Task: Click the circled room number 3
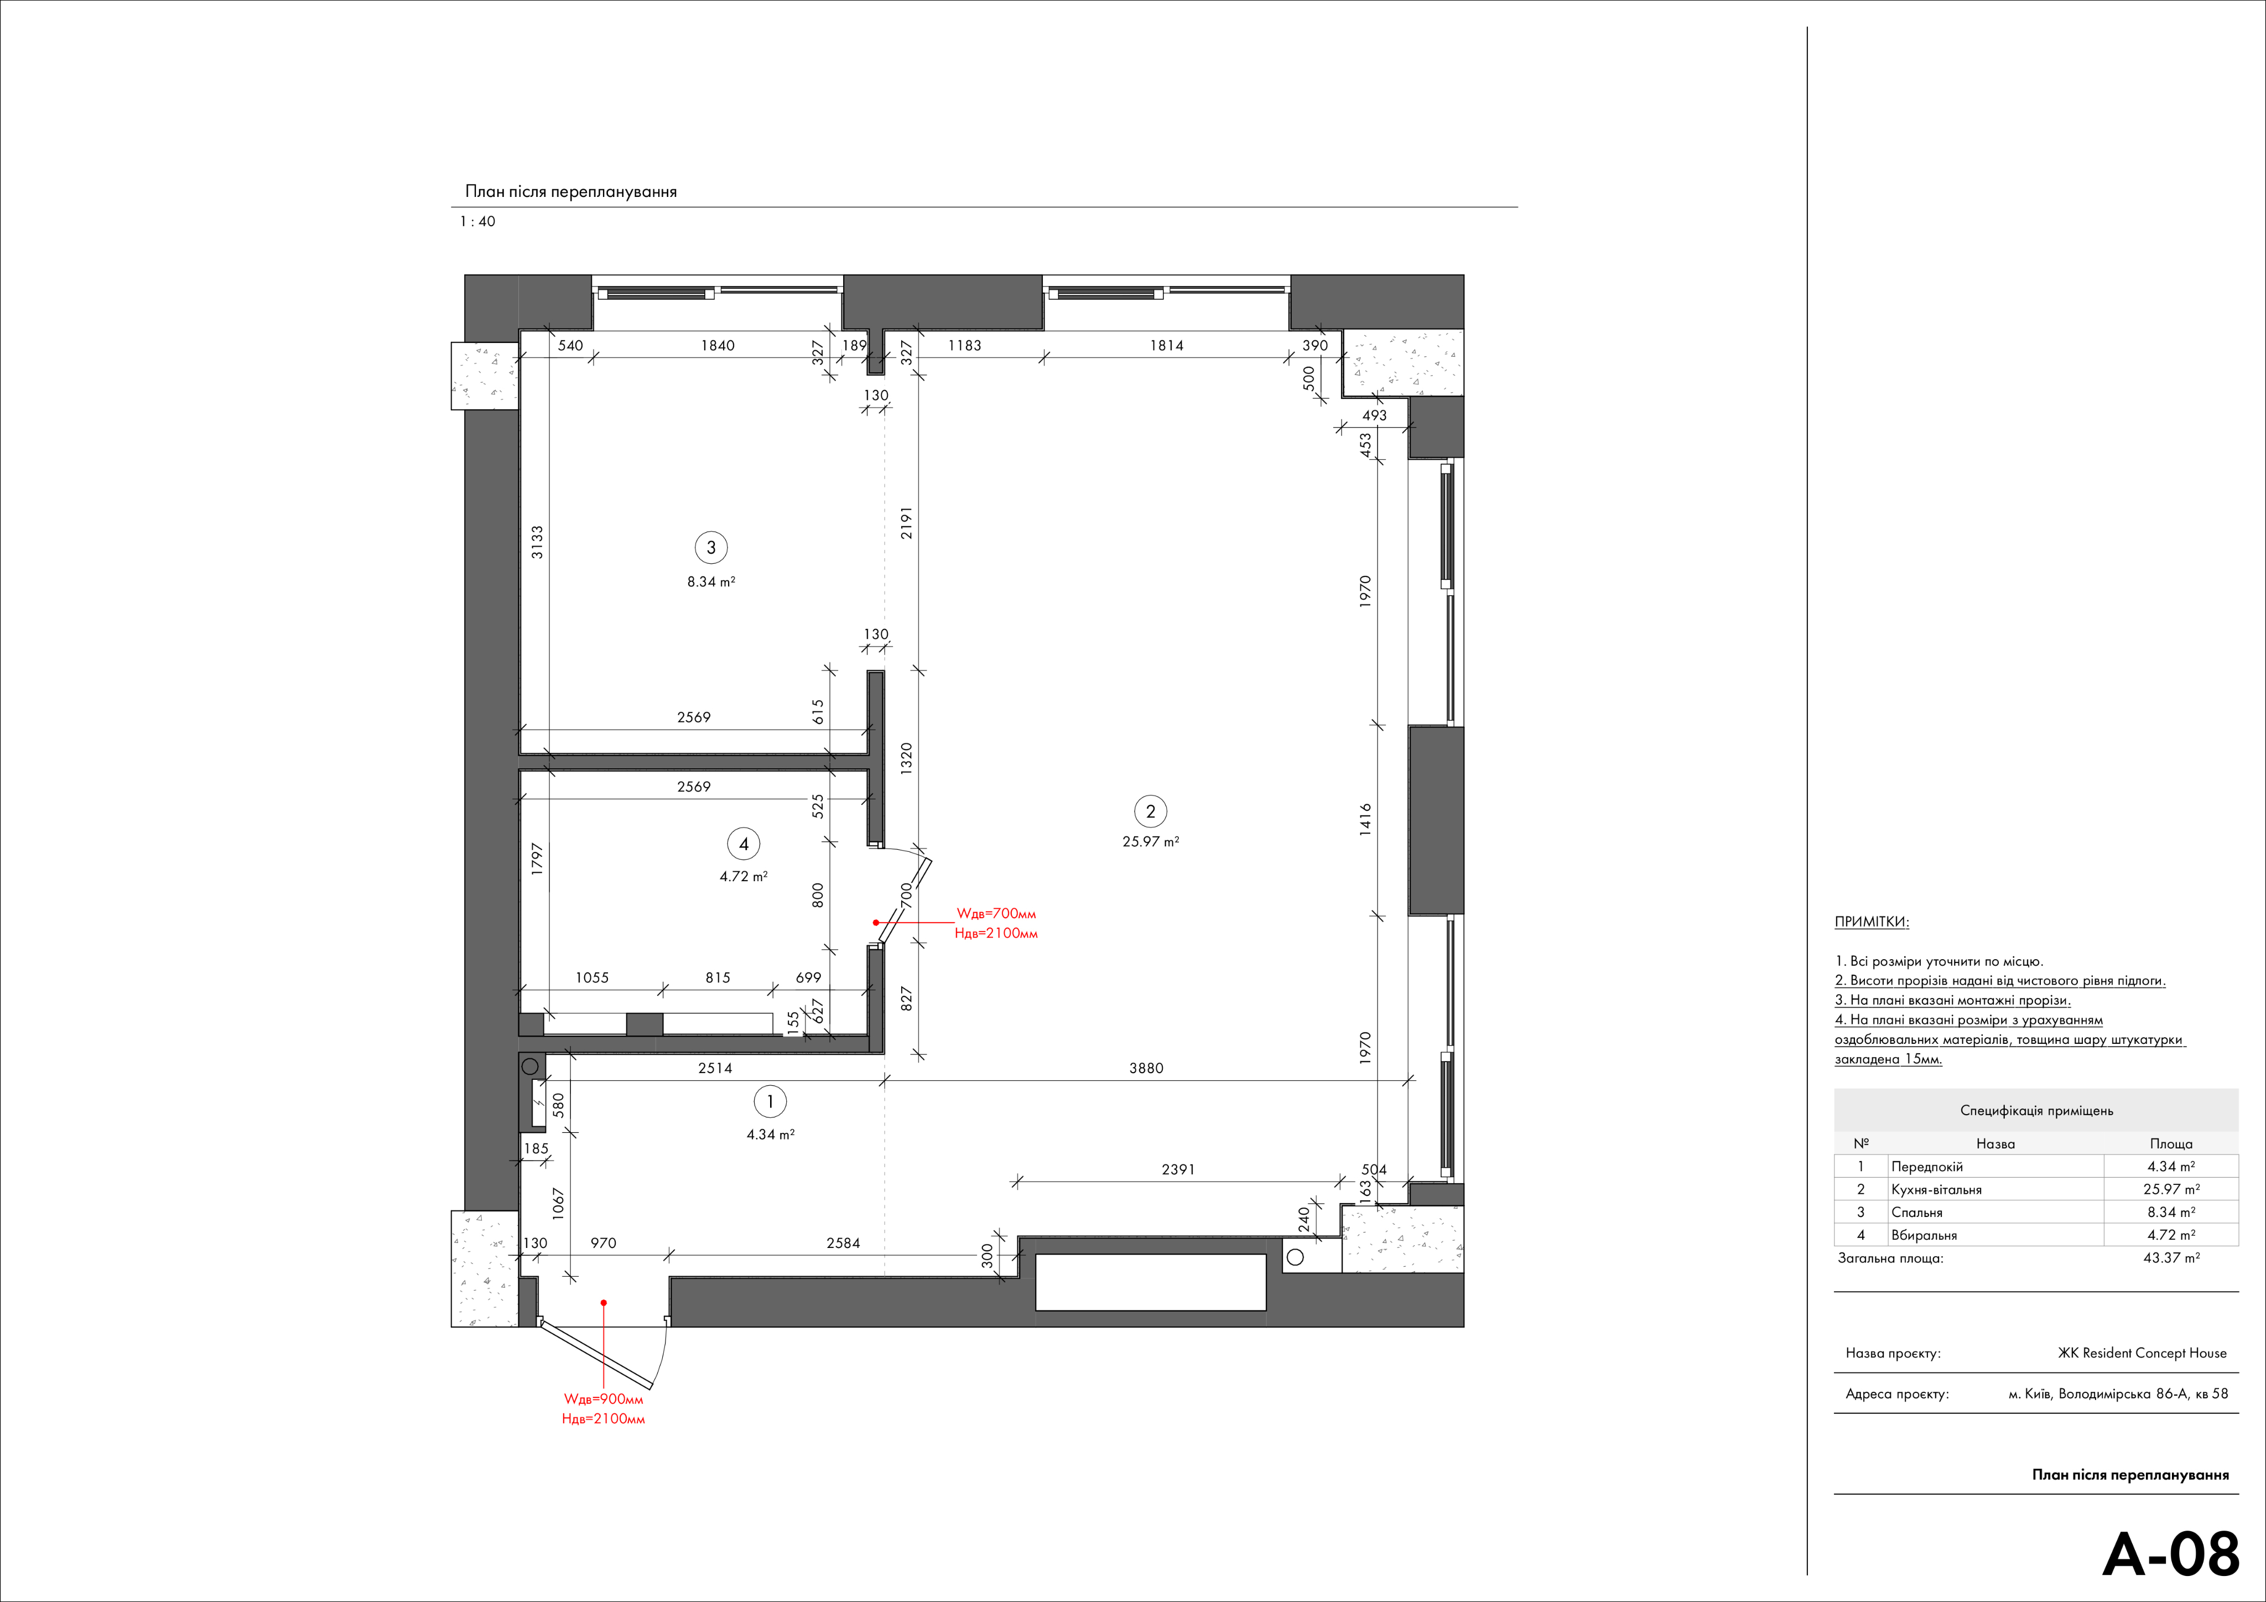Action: coord(710,548)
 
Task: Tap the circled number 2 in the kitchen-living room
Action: coord(1150,812)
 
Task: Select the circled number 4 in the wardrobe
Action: coord(743,844)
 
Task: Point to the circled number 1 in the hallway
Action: coord(770,1101)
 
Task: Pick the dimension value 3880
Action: coord(1146,1068)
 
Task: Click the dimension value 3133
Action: coord(537,542)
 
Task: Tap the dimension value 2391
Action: coord(1178,1169)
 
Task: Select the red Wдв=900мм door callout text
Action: coord(603,1398)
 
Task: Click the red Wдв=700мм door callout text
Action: coord(997,914)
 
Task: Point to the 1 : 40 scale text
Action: coord(477,222)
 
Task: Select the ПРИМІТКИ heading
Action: coord(1871,922)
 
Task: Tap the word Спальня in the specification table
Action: coord(1916,1212)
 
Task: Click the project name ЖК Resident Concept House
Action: coord(2142,1353)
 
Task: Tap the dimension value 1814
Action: coord(1167,346)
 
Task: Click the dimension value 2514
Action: coord(715,1068)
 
